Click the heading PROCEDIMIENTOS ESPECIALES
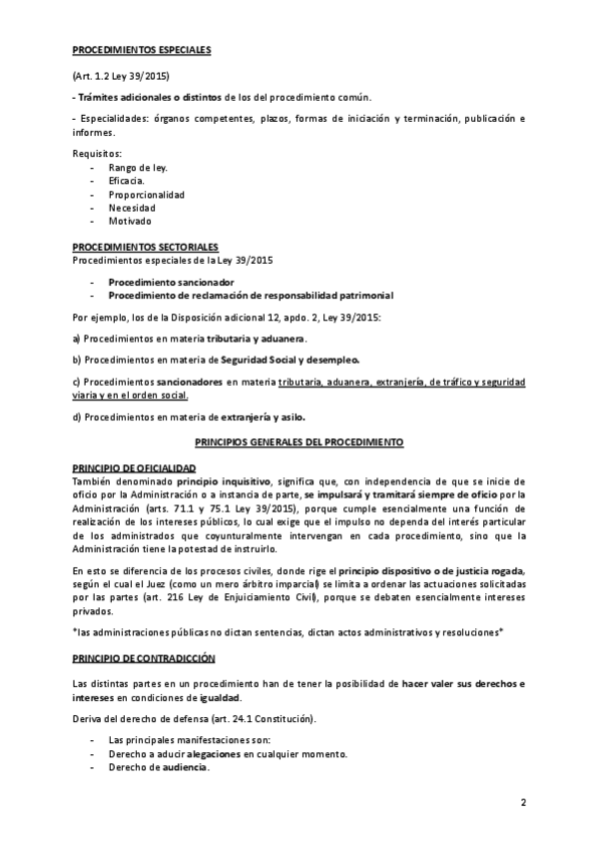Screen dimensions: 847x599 click(x=141, y=49)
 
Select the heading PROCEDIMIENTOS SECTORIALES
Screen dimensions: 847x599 click(x=145, y=247)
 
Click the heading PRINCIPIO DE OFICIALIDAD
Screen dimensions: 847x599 click(x=134, y=468)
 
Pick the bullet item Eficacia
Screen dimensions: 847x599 click(x=128, y=181)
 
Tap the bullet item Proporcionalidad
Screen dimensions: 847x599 click(x=146, y=194)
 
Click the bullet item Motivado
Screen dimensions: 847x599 click(x=131, y=221)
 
